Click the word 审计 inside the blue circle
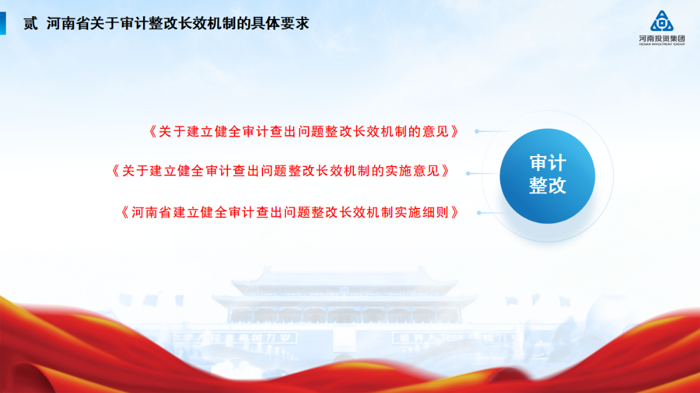tap(548, 164)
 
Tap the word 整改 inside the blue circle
tap(548, 186)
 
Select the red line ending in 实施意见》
tap(281, 171)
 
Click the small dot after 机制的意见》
tap(477, 131)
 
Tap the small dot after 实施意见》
tap(469, 174)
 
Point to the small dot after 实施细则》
tap(480, 212)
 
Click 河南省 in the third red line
tap(151, 212)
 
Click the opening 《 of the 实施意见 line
tap(115, 171)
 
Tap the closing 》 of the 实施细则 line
tap(456, 212)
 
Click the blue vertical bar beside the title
tap(3, 24)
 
